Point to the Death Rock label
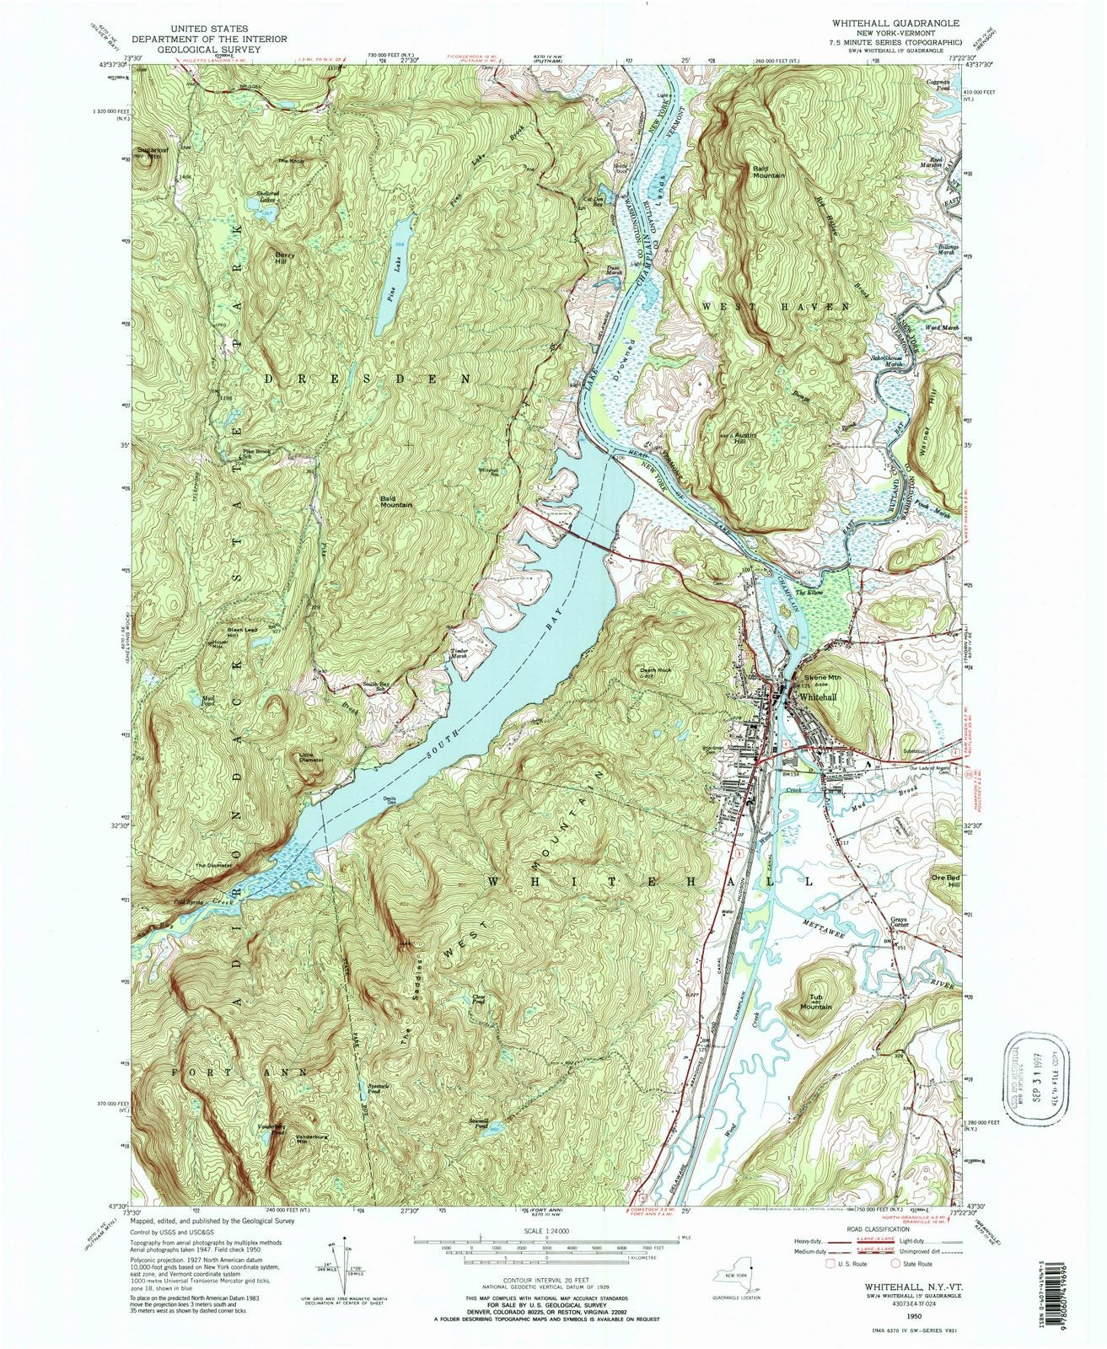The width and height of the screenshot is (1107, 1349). click(x=654, y=671)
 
